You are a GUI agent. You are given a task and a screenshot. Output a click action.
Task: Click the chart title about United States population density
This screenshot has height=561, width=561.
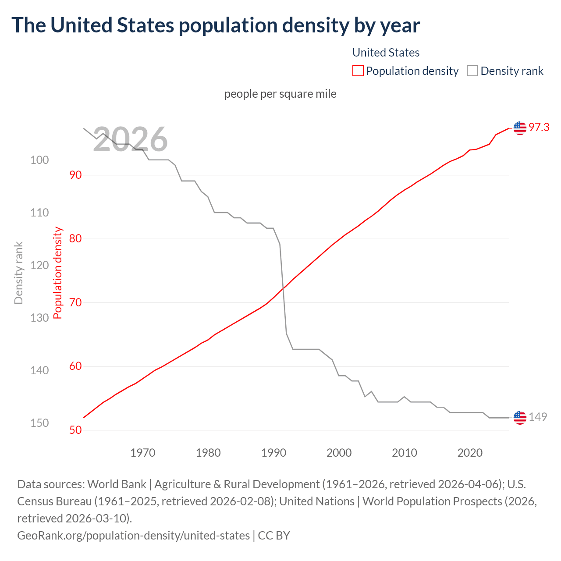click(x=216, y=25)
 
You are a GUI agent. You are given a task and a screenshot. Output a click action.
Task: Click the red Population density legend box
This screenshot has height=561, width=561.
click(x=358, y=71)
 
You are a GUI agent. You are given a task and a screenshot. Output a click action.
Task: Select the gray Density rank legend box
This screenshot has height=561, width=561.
click(x=472, y=71)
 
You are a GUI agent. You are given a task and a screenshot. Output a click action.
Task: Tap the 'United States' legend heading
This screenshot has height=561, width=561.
click(x=386, y=53)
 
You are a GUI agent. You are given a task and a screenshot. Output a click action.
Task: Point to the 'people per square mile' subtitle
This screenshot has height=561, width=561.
click(x=280, y=94)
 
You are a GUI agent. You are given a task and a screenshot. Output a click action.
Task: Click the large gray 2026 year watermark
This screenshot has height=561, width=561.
click(x=130, y=139)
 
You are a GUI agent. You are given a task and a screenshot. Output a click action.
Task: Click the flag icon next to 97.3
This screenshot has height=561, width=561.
click(x=519, y=128)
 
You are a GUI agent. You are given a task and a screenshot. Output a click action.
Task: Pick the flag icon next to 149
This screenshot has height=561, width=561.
click(x=519, y=417)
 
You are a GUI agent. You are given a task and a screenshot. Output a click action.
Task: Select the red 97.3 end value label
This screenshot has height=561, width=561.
click(x=539, y=128)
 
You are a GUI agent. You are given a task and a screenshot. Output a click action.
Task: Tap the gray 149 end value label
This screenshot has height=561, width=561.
click(x=538, y=417)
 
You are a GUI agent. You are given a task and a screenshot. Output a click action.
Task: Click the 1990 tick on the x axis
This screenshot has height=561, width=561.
click(x=273, y=453)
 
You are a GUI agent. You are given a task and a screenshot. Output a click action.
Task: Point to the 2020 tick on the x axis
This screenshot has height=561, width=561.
click(x=470, y=453)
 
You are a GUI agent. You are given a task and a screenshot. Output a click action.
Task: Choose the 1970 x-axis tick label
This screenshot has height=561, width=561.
click(x=143, y=453)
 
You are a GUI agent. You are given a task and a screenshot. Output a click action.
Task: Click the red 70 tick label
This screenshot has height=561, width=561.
click(x=75, y=302)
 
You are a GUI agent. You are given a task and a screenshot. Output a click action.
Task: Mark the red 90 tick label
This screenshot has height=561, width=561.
click(x=75, y=175)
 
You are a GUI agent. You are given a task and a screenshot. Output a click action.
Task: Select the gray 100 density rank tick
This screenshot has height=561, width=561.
click(x=39, y=160)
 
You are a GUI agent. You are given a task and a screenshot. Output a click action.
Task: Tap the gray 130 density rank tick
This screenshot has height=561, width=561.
click(x=39, y=318)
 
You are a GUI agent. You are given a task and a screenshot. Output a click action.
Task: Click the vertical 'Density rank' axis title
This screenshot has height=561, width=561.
click(x=18, y=273)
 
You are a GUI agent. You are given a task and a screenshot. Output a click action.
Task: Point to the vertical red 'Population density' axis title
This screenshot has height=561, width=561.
click(x=58, y=273)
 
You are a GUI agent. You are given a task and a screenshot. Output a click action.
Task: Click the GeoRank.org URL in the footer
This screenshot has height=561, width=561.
click(x=133, y=536)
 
